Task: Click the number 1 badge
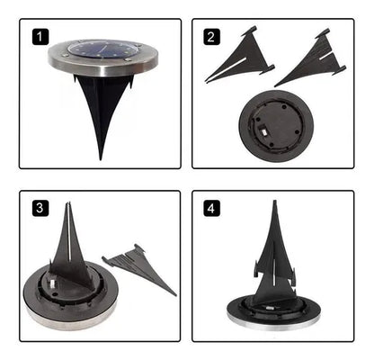pyautogui.click(x=40, y=37)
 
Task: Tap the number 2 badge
pyautogui.click(x=211, y=37)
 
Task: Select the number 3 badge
pyautogui.click(x=40, y=208)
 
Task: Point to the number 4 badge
pyautogui.click(x=211, y=208)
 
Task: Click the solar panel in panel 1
pyautogui.click(x=102, y=49)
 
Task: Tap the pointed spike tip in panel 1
pyautogui.click(x=101, y=158)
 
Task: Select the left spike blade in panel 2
pyautogui.click(x=240, y=57)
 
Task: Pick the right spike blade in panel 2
pyautogui.click(x=312, y=59)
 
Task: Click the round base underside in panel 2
pyautogui.click(x=276, y=126)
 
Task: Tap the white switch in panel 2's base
pyautogui.click(x=263, y=132)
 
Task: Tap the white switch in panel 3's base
pyautogui.click(x=51, y=283)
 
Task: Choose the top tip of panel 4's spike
pyautogui.click(x=274, y=201)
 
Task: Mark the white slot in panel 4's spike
pyautogui.click(x=274, y=272)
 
